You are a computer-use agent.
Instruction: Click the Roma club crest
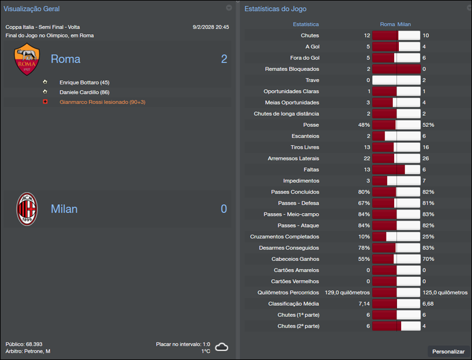click(x=27, y=59)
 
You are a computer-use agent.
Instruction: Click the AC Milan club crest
click(x=27, y=209)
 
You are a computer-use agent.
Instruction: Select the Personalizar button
click(x=448, y=351)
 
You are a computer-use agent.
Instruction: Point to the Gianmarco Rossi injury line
click(x=102, y=102)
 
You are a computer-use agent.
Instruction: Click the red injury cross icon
click(x=45, y=102)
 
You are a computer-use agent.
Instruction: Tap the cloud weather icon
click(x=222, y=347)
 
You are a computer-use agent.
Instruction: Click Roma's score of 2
click(x=224, y=59)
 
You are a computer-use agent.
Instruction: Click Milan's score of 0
click(x=224, y=209)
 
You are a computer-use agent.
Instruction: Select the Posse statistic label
click(x=311, y=125)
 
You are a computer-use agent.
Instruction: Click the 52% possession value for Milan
click(x=428, y=125)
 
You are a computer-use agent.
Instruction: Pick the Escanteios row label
click(x=306, y=136)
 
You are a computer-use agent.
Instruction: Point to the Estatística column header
click(x=306, y=24)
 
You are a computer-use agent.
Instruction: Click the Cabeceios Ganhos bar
click(x=396, y=259)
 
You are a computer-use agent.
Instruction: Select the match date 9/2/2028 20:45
click(x=211, y=27)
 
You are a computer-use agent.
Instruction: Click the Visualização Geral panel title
click(x=31, y=9)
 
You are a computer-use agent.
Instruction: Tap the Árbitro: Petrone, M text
click(x=28, y=351)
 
